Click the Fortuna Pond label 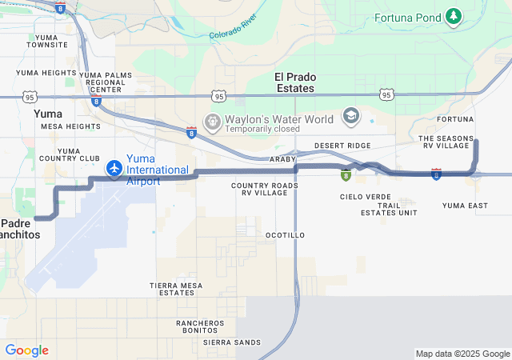point(408,17)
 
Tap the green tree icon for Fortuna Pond point(454,16)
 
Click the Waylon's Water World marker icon point(213,122)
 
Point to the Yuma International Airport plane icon point(114,169)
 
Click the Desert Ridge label point(342,145)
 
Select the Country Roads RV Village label point(265,189)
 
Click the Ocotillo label point(285,235)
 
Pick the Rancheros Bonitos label point(200,326)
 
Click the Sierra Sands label point(232,342)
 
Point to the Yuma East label point(465,206)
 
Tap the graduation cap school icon point(350,117)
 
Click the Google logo point(26,350)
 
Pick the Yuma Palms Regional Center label point(106,82)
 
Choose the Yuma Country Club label point(80,154)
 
